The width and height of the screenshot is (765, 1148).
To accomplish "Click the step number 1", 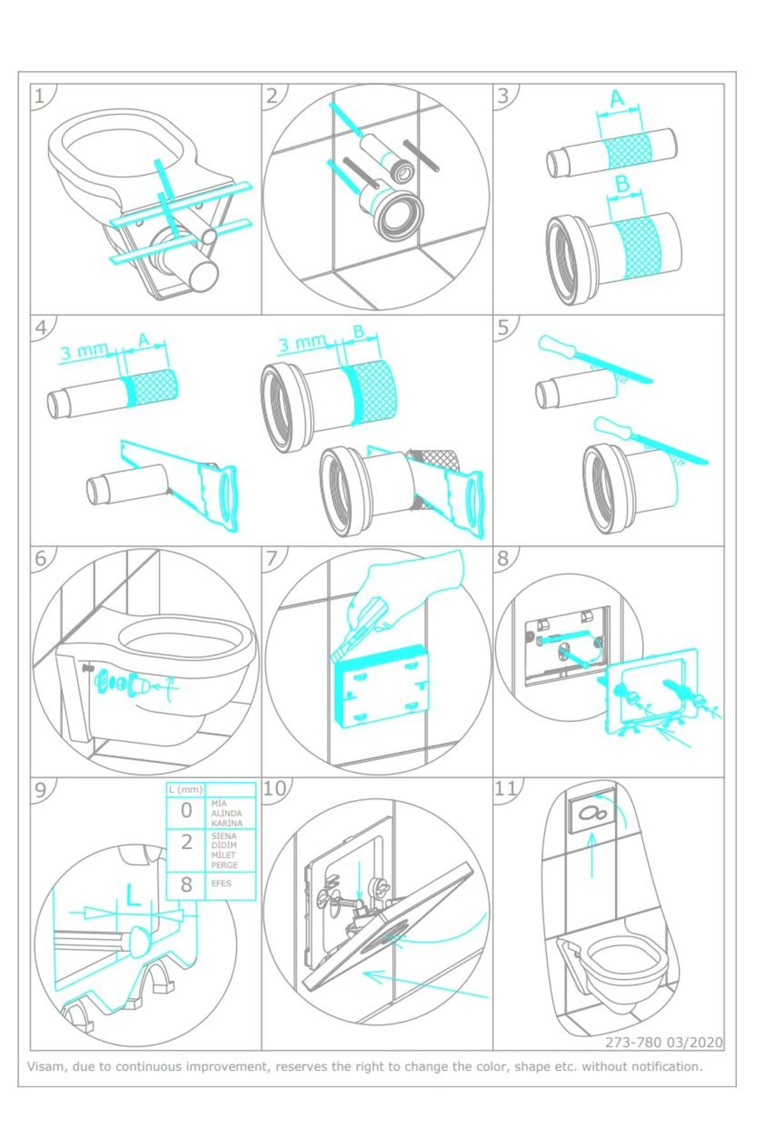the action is point(40,96).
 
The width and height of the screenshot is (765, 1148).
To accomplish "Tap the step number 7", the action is point(272,558).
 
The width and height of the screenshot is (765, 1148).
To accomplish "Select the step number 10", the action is point(275,788).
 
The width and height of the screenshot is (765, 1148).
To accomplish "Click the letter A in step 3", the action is point(617,99).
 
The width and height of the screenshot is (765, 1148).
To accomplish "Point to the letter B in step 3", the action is point(622,184).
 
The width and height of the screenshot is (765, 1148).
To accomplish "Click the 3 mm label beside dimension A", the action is point(84,351).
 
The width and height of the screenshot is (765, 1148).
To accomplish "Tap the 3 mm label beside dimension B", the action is point(302,343).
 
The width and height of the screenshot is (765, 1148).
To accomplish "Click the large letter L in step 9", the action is point(133,896).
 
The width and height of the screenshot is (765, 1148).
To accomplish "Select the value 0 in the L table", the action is point(186,810).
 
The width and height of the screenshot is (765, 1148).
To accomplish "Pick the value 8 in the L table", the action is point(186,885).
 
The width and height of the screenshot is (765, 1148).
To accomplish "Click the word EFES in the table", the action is point(221,883).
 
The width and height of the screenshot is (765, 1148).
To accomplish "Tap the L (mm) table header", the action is point(186,790).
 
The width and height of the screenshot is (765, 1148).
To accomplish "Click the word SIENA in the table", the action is point(224,835).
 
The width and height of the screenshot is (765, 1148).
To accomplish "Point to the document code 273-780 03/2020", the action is point(664,1042).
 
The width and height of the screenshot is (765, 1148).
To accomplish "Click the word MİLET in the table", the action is point(223,855).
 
